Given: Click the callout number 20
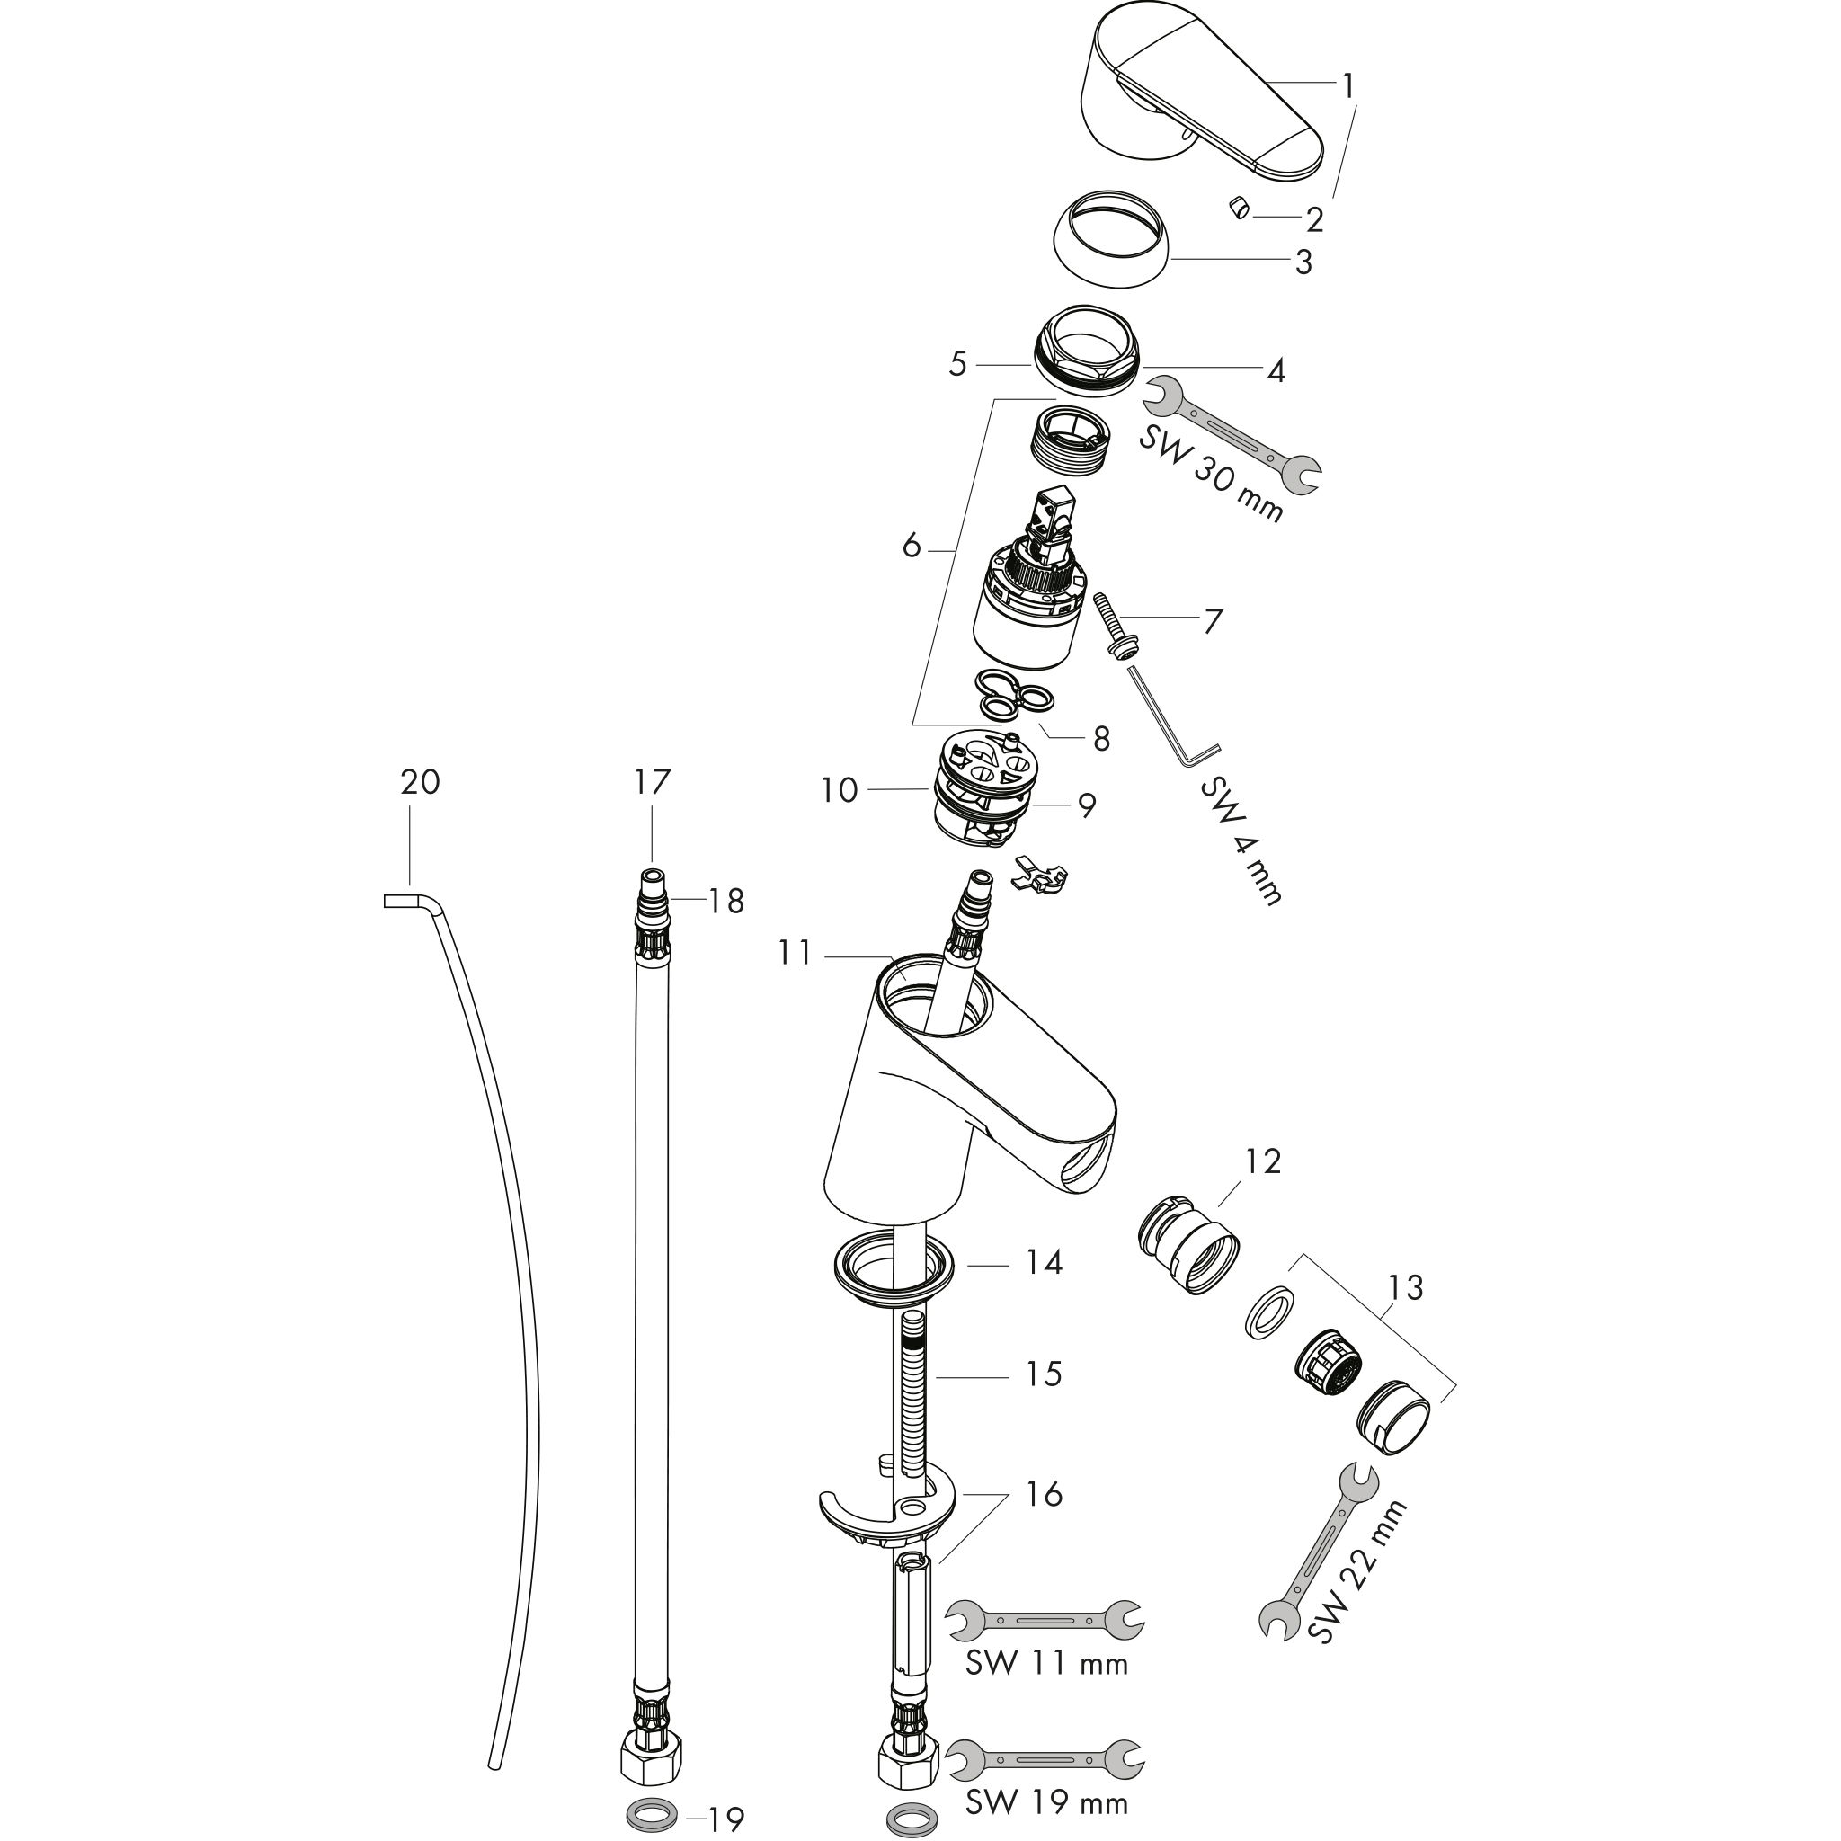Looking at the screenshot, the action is click(x=419, y=783).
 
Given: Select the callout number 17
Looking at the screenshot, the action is click(x=653, y=783).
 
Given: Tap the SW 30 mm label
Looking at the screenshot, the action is click(x=1211, y=474).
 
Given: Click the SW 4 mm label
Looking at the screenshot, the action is click(x=1240, y=841).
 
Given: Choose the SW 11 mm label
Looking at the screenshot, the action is click(x=1046, y=1663).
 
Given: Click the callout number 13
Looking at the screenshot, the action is click(x=1407, y=1288).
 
